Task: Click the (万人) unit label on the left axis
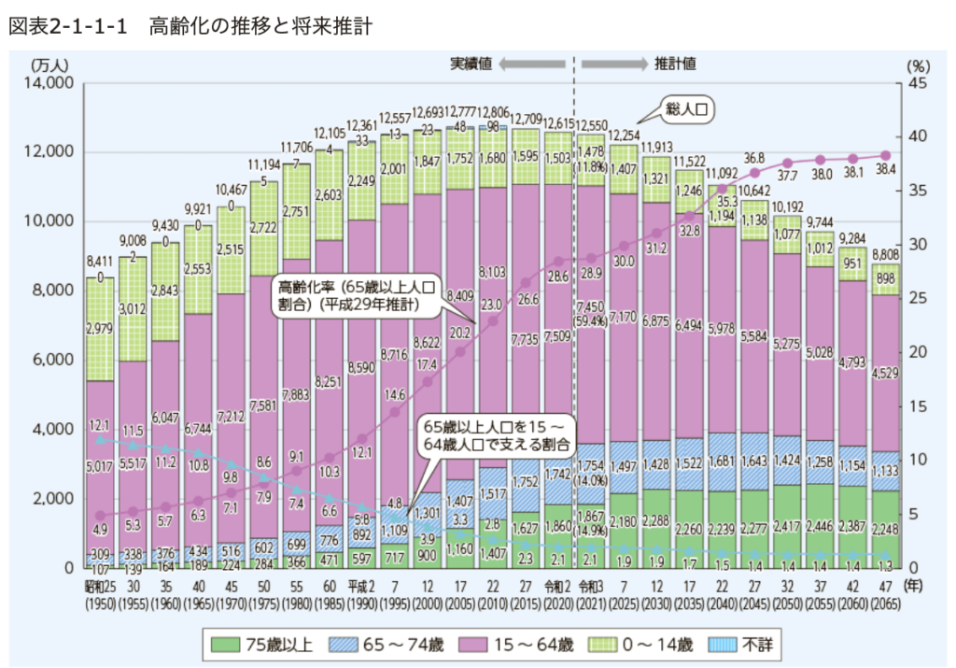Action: [x=46, y=65]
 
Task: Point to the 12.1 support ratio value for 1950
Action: [x=100, y=426]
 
